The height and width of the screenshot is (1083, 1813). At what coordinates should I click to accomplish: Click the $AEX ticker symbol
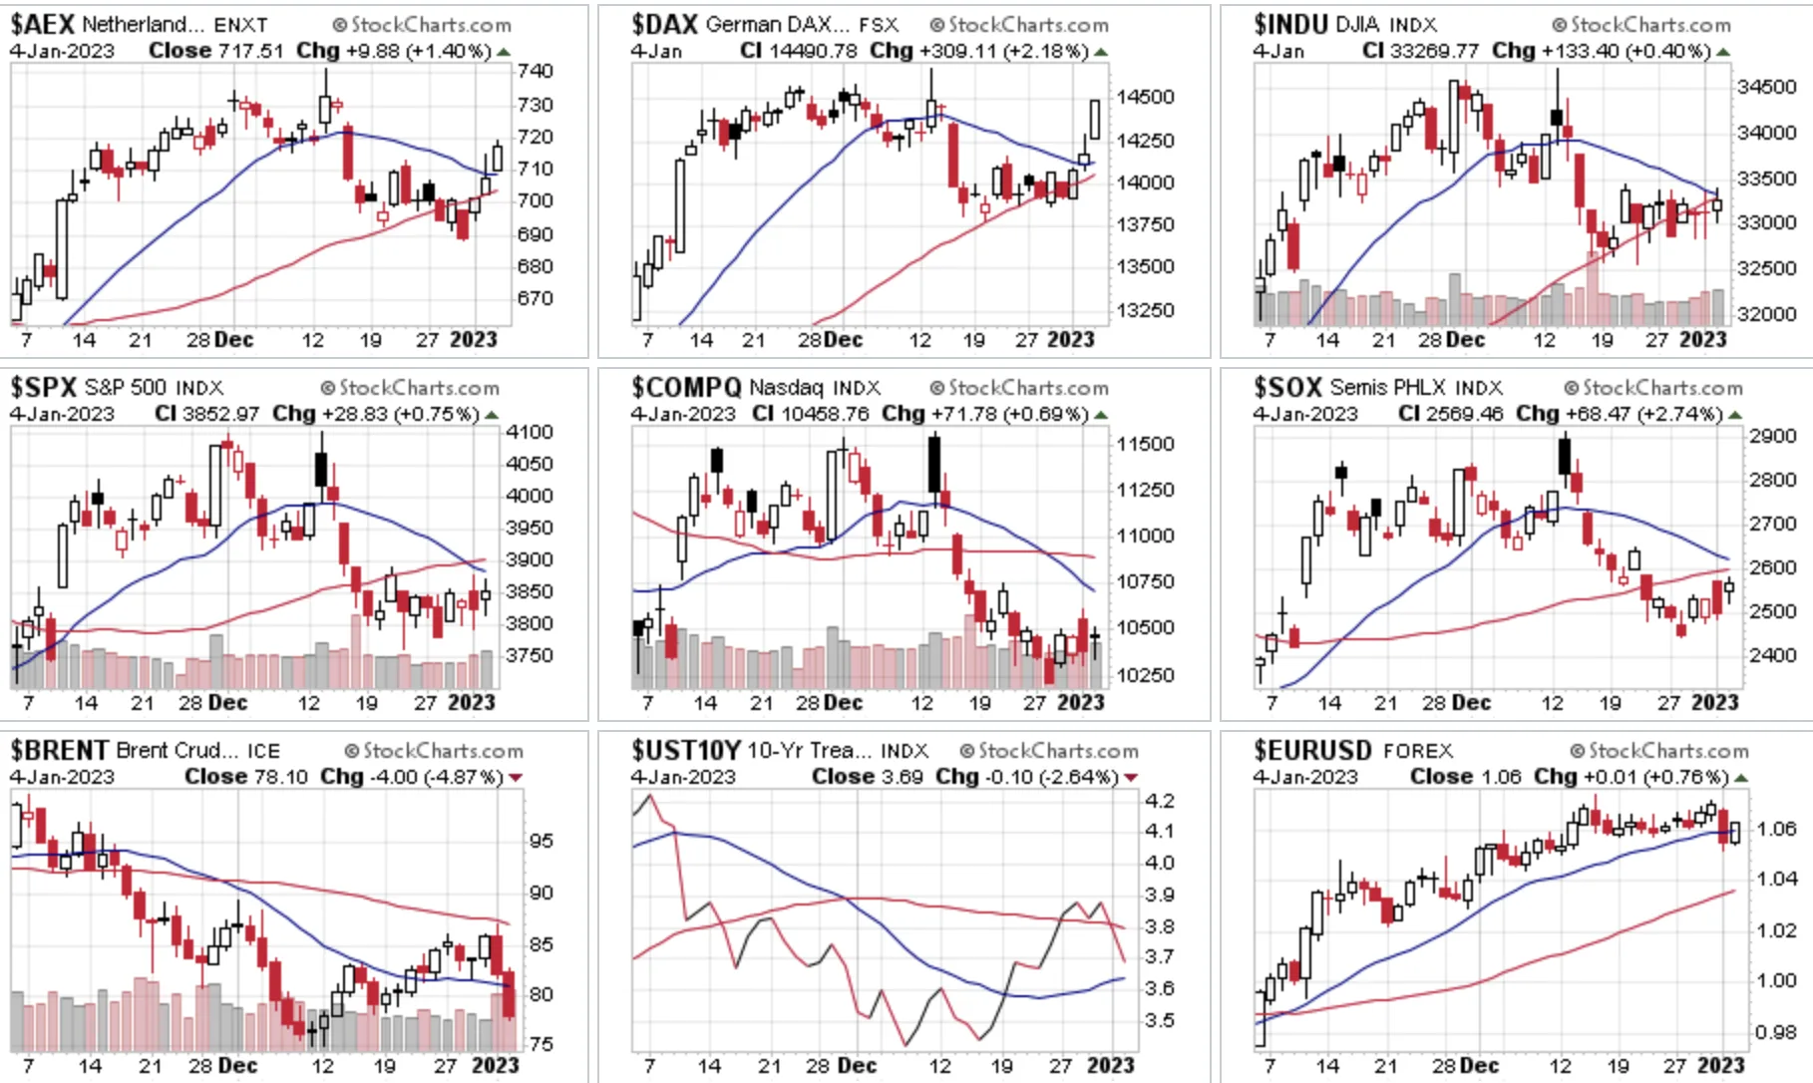(x=42, y=24)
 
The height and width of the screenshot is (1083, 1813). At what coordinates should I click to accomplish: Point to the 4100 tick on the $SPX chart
(x=530, y=432)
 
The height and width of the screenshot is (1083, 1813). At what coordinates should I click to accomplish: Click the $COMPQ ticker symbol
(x=686, y=387)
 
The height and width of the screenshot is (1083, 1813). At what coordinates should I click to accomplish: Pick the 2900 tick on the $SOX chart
(x=1772, y=436)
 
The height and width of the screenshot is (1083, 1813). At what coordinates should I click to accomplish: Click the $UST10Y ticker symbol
(x=686, y=750)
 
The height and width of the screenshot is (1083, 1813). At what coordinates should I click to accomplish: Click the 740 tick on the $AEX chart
(x=536, y=71)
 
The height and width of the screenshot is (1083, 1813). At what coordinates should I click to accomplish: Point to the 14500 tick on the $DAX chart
(x=1145, y=97)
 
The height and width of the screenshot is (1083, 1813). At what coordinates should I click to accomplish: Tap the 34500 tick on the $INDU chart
(x=1766, y=87)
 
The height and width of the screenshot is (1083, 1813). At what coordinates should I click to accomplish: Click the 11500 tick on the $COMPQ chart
(x=1145, y=444)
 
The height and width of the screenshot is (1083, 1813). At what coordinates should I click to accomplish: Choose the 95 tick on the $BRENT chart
(x=542, y=841)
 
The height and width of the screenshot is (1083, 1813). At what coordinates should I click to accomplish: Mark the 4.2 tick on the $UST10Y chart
(x=1160, y=801)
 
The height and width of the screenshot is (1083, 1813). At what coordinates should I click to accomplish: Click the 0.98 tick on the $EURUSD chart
(x=1775, y=1032)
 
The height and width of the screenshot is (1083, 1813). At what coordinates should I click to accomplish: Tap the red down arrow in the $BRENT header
(x=516, y=777)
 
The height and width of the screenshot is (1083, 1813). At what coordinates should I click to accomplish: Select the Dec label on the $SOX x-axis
(x=1470, y=702)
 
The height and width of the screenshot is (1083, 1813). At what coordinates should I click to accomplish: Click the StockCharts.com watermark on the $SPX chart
(x=410, y=387)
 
